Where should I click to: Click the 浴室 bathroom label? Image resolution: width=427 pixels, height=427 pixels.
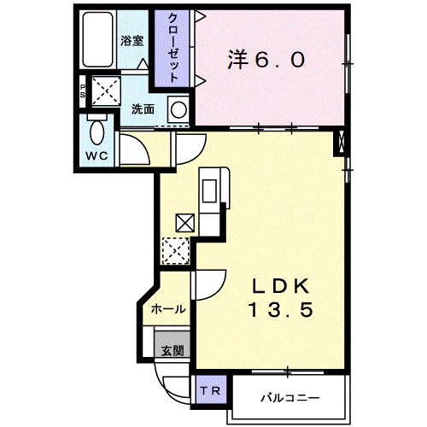tap(132, 41)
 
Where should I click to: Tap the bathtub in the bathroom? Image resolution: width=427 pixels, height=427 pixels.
tap(97, 39)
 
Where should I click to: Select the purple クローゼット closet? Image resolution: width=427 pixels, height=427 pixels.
tap(172, 48)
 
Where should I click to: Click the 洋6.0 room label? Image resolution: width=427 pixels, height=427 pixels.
tap(266, 60)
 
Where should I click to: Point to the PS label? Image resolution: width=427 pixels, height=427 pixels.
tap(83, 91)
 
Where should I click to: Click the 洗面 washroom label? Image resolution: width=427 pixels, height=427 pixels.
tap(143, 109)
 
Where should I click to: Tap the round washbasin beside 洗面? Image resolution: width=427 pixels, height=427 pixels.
tap(178, 109)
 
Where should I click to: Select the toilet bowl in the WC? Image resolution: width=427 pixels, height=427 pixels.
tap(97, 132)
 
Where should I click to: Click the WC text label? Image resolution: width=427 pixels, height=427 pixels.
tap(97, 155)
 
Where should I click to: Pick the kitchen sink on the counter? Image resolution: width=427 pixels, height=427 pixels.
tap(209, 191)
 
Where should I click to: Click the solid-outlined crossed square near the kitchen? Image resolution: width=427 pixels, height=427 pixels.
tap(185, 223)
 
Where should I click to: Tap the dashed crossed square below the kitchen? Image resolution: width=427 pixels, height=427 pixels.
tap(175, 251)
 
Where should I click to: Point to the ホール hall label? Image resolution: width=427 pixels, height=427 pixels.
tap(168, 309)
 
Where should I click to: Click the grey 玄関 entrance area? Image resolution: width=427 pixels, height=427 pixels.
tap(172, 343)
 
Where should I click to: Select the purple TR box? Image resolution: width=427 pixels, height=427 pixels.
tap(210, 389)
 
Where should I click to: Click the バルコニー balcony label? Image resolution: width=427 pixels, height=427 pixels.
tap(290, 397)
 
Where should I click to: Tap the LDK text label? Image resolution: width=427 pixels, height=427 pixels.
tap(281, 286)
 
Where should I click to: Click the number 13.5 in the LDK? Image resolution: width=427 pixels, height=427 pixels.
tap(281, 310)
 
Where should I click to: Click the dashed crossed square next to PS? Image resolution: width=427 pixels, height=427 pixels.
tap(107, 91)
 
